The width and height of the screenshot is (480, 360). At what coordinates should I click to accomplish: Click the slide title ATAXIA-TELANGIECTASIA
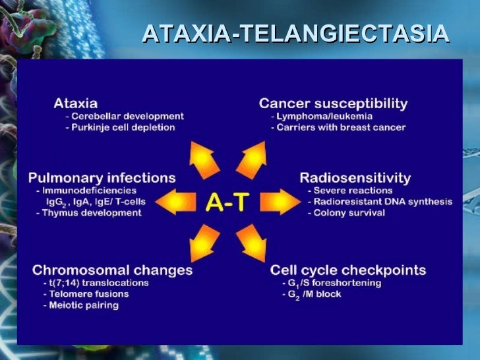(295, 33)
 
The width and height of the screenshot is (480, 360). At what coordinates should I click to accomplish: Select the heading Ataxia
(75, 104)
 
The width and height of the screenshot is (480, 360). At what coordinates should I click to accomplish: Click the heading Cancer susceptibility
(333, 104)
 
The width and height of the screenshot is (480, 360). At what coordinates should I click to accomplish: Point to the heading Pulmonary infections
(102, 177)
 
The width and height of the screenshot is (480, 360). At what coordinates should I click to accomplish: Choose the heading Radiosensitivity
(355, 177)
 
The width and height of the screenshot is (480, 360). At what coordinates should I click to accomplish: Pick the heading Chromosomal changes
(113, 270)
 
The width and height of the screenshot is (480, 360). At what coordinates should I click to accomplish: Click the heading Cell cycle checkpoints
(347, 270)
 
